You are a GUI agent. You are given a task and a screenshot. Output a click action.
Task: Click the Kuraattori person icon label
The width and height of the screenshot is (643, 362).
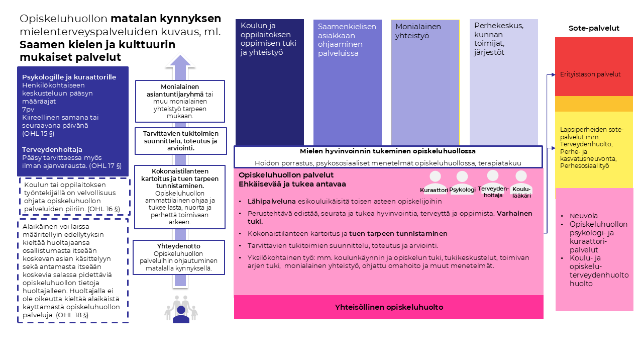coord(434,190)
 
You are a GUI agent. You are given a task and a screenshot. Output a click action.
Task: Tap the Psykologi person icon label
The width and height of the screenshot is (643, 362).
coord(463,190)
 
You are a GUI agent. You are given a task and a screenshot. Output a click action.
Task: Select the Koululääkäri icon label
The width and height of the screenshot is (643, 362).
coord(521,192)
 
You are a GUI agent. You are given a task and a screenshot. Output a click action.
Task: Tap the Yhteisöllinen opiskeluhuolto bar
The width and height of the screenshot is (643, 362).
coord(389,307)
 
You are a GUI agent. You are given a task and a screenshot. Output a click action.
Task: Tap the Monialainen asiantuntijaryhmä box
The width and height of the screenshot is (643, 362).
coord(180,101)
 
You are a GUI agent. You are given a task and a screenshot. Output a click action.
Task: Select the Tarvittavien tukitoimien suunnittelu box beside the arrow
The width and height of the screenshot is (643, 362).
coord(181,141)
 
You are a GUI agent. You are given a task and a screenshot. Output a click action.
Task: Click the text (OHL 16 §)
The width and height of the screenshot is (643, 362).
coord(106,209)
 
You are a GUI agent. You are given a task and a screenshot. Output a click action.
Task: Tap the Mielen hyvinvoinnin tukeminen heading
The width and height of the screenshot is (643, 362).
coord(388,151)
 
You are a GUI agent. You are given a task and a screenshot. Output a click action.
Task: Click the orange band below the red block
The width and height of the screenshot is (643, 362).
coord(594,104)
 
